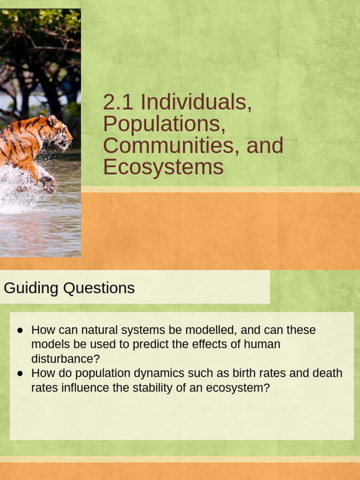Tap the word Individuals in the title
[196, 103]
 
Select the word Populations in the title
[161, 124]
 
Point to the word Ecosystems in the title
[163, 167]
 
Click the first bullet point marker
[20, 330]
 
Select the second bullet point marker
[20, 374]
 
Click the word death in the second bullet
[328, 374]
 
